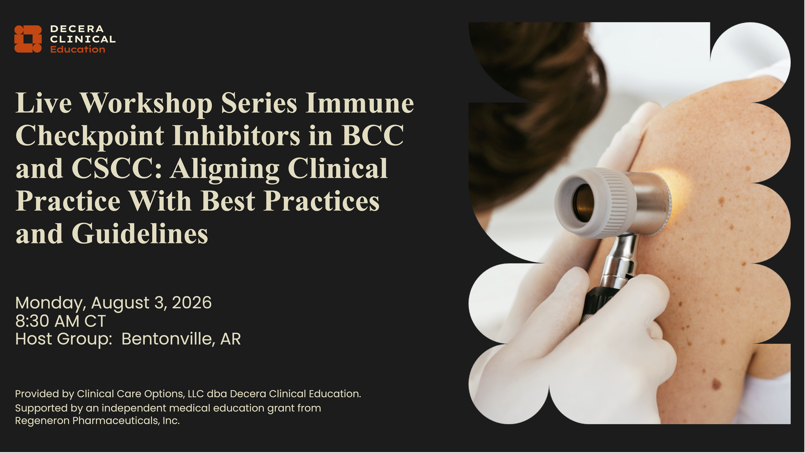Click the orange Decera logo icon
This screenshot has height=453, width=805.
pyautogui.click(x=28, y=39)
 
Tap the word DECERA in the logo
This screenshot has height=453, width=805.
pyautogui.click(x=77, y=29)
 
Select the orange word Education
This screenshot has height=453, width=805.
pyautogui.click(x=78, y=49)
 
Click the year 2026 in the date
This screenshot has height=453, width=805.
pyautogui.click(x=192, y=303)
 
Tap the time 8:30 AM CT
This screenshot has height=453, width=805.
pyautogui.click(x=61, y=321)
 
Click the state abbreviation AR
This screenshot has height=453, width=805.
pyautogui.click(x=231, y=339)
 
